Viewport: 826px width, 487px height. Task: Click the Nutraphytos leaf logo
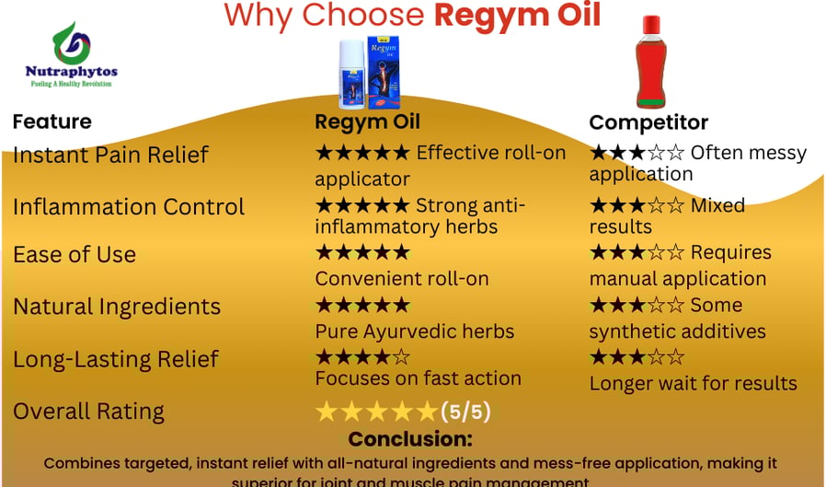click(x=71, y=42)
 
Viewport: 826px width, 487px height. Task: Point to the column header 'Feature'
click(x=52, y=122)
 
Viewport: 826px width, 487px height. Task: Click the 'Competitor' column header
click(x=648, y=122)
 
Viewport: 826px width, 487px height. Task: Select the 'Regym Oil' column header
click(x=367, y=122)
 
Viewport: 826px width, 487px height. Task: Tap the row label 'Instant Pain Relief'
click(x=111, y=155)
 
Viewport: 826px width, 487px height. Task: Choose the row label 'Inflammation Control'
click(x=129, y=206)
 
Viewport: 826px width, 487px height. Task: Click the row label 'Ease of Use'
click(x=75, y=255)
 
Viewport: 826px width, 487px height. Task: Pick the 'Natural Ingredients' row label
click(x=117, y=307)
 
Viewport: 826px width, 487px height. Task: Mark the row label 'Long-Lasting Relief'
click(x=116, y=358)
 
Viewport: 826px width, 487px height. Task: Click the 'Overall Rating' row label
click(x=88, y=411)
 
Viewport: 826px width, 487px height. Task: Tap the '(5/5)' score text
click(x=465, y=411)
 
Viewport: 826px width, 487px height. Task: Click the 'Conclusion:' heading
click(x=410, y=439)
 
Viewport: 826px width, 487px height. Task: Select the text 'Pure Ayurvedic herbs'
click(x=415, y=330)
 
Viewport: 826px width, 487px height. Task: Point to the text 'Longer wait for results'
click(x=694, y=383)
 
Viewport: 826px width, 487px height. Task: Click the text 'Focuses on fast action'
click(x=419, y=377)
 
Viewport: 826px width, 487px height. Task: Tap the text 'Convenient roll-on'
click(x=402, y=278)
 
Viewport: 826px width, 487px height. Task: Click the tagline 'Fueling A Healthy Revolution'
click(x=72, y=84)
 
